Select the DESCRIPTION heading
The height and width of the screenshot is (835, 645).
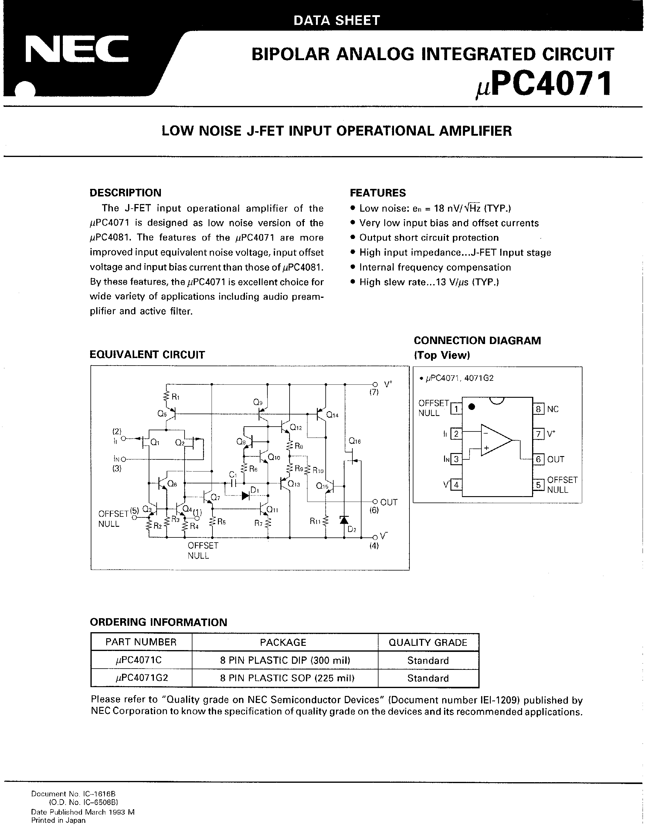click(125, 193)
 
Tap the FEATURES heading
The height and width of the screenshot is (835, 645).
click(378, 193)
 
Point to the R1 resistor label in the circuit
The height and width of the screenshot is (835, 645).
click(175, 397)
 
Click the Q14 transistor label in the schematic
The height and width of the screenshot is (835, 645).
click(332, 415)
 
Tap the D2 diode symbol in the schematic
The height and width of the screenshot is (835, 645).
click(344, 520)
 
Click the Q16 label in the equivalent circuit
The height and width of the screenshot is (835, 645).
click(355, 441)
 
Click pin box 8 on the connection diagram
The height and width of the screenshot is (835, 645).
click(538, 409)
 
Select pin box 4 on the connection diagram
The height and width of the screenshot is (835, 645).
click(456, 485)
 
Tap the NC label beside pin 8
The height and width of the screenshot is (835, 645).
click(552, 409)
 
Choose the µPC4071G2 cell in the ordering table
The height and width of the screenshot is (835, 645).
click(141, 678)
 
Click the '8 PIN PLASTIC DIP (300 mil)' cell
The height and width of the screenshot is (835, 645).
click(285, 660)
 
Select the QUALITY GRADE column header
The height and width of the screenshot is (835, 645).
click(428, 642)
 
